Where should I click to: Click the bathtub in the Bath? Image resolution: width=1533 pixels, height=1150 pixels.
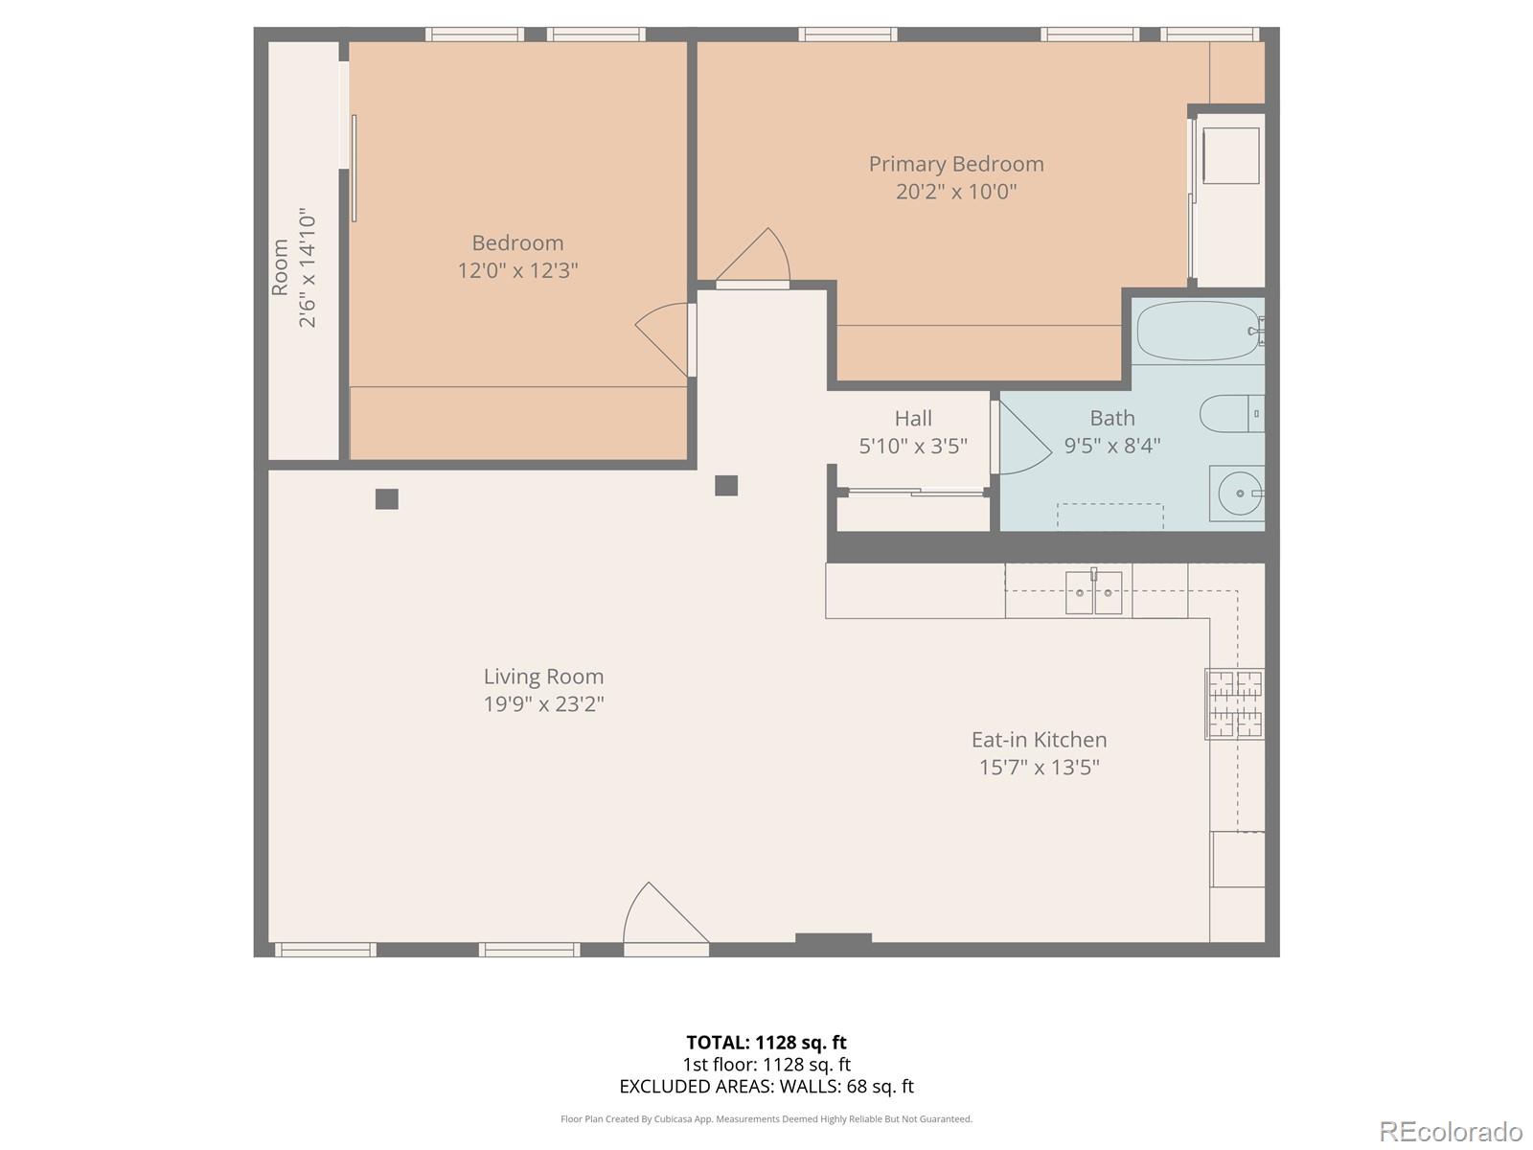[x=1198, y=332]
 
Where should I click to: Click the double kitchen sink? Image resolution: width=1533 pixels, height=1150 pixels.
[x=1093, y=592]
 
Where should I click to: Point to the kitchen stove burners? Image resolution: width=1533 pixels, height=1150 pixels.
[x=1234, y=703]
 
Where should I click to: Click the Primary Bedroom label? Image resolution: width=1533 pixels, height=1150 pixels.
[x=955, y=164]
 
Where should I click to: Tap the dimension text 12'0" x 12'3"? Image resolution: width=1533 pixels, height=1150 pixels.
[x=517, y=270]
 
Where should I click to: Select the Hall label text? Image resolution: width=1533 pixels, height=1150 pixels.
[x=912, y=419]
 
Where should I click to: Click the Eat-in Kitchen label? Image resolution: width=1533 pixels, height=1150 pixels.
[x=1039, y=740]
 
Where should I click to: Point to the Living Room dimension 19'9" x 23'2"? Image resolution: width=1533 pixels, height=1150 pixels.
[x=543, y=704]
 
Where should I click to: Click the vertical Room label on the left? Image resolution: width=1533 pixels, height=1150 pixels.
[x=280, y=267]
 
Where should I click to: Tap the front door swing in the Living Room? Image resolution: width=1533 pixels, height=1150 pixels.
[x=661, y=918]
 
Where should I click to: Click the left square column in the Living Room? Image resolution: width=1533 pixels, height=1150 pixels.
[x=386, y=498]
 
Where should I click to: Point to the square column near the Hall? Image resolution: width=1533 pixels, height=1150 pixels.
[x=726, y=485]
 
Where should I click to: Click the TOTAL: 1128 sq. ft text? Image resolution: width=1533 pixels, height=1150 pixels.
[x=766, y=1043]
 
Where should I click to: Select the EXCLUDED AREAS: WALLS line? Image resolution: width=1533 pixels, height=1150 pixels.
[x=766, y=1087]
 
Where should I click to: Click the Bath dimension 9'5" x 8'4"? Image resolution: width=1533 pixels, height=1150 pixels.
[x=1111, y=446]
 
